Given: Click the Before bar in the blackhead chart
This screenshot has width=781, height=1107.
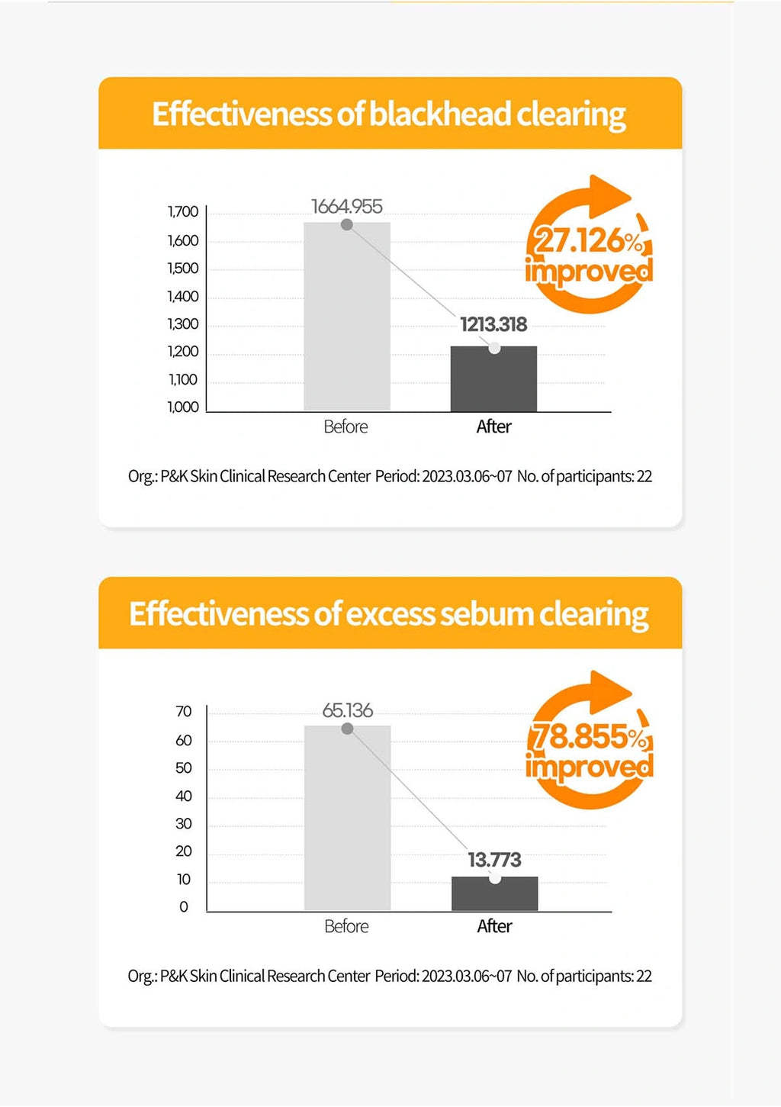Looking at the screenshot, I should click(347, 320).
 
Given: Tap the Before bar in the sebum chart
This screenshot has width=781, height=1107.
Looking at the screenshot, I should click(347, 820).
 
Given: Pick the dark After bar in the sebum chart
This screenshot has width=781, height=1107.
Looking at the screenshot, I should click(494, 894).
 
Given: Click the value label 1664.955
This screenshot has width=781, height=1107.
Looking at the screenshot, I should click(347, 206).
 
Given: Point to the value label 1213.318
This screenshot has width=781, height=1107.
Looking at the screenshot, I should click(493, 324).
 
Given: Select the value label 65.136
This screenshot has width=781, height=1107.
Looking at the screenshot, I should click(348, 710).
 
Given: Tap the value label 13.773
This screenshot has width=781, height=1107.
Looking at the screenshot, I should click(494, 860).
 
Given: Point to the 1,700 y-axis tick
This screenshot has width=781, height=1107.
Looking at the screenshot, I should click(183, 211).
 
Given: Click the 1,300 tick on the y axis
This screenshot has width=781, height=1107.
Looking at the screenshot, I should click(183, 323).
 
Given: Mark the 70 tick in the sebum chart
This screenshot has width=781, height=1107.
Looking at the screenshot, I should click(184, 711).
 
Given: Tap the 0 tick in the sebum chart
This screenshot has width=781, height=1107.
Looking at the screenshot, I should click(184, 906).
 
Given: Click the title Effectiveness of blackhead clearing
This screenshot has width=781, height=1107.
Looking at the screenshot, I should click(389, 114).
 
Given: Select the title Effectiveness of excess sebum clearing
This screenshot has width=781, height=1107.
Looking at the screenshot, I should click(389, 613).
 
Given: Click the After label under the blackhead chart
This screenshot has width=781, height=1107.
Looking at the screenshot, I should click(494, 426).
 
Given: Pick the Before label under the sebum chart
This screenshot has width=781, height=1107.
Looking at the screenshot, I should click(346, 926).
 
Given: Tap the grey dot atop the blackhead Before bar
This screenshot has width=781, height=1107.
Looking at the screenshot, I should click(347, 224).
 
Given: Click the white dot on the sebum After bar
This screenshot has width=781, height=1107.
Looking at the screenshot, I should click(495, 879).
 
